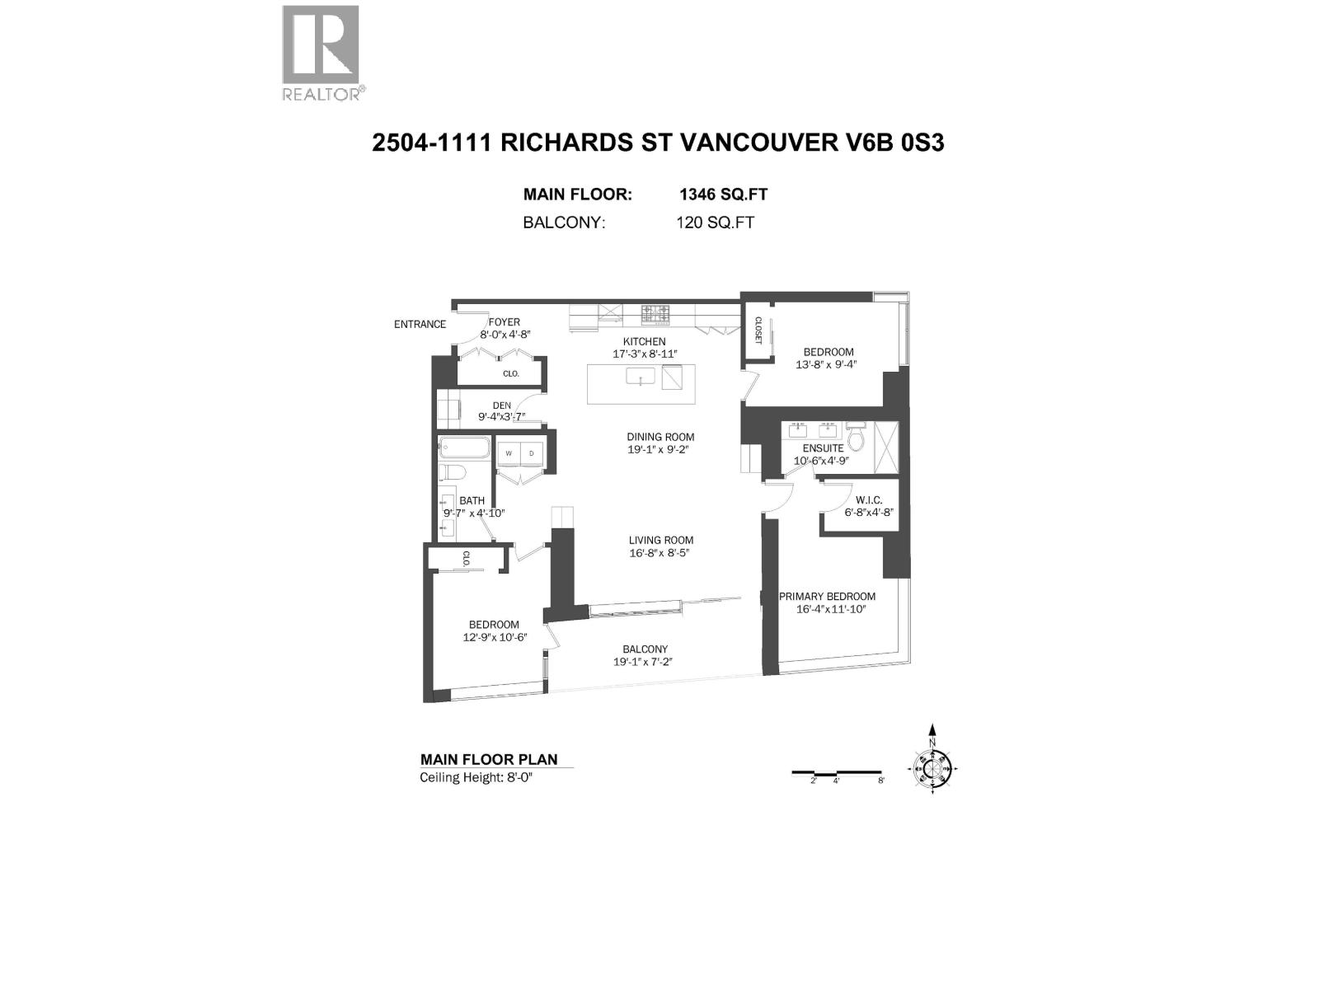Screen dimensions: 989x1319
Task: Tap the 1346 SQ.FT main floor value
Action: click(723, 195)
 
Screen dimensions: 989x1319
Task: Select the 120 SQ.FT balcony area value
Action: click(715, 223)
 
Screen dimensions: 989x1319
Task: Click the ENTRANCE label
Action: click(420, 325)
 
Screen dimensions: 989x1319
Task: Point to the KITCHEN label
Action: click(644, 341)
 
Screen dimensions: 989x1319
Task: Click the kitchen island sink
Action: click(640, 377)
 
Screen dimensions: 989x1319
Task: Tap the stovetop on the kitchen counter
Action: click(656, 313)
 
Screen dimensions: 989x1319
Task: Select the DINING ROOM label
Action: click(660, 438)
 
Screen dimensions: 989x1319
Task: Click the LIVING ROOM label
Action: click(660, 541)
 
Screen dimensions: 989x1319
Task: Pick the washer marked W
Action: click(509, 453)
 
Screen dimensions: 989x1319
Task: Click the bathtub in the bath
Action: click(464, 449)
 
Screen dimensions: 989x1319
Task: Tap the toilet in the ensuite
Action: click(855, 437)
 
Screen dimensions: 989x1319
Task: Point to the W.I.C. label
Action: click(869, 500)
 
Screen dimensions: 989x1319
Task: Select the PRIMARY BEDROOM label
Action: click(827, 597)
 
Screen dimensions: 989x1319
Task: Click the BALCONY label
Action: click(645, 649)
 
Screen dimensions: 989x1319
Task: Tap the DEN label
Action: click(501, 405)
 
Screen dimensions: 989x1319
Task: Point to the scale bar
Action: click(838, 773)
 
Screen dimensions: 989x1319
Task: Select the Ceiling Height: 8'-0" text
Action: click(476, 778)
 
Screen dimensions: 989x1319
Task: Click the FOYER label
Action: click(504, 322)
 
